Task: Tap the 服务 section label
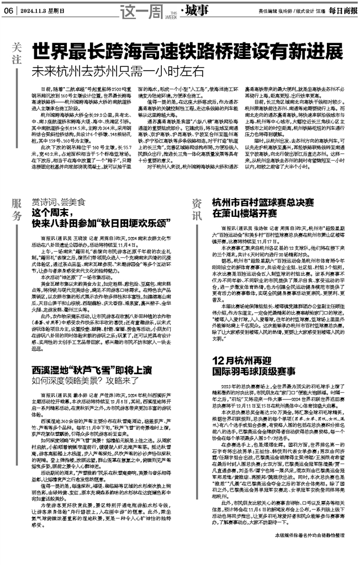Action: (17, 209)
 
